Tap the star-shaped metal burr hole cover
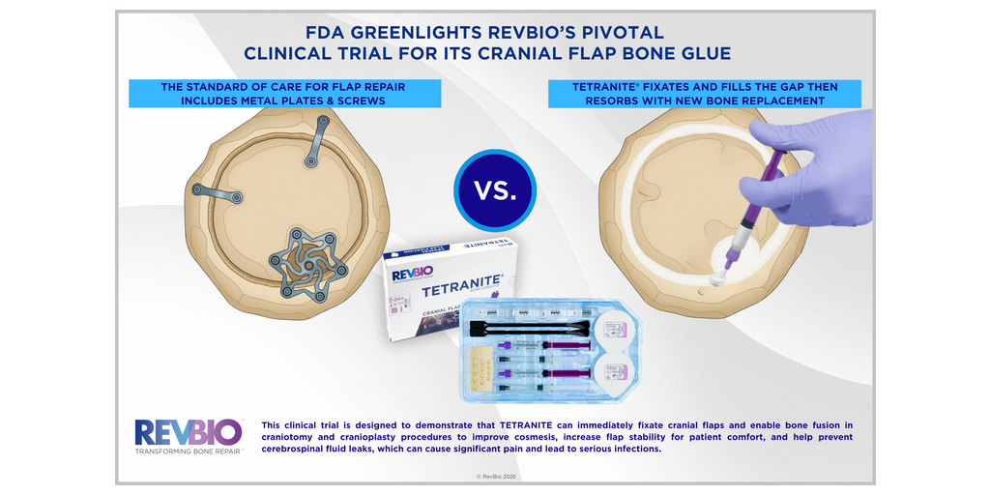307,262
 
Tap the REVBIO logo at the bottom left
189,432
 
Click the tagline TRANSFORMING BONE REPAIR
189,451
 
